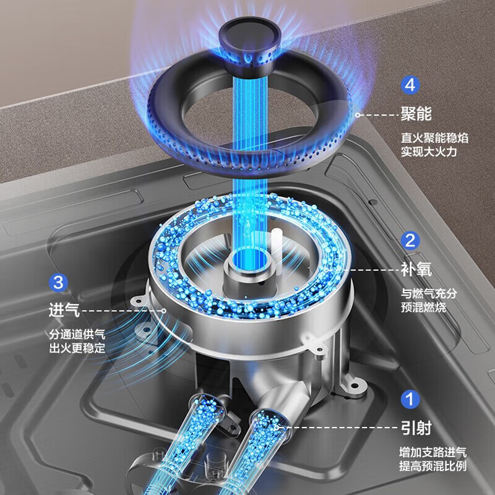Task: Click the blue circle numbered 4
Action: click(410, 85)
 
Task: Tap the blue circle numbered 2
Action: click(410, 241)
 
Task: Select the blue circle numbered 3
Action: click(58, 282)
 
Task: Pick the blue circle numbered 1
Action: click(410, 399)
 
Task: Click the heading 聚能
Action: click(416, 114)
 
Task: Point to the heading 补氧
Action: click(416, 270)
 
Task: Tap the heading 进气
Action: click(64, 310)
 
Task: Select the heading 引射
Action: click(416, 428)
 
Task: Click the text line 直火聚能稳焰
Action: click(435, 138)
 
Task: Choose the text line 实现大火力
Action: click(429, 152)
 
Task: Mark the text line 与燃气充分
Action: click(429, 293)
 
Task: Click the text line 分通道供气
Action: click(77, 334)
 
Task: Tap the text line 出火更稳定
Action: click(77, 348)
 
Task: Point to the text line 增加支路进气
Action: click(433, 452)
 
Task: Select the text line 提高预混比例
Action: click(433, 467)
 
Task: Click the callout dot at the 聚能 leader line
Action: click(358, 115)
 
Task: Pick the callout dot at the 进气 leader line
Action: click(163, 311)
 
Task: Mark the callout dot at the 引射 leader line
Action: click(277, 428)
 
